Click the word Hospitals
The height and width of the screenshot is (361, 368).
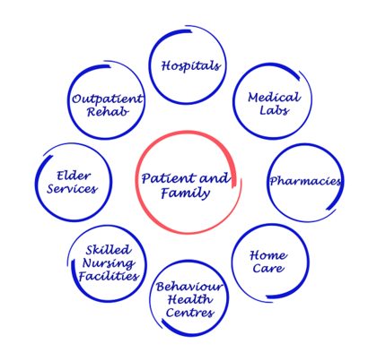[x=191, y=66]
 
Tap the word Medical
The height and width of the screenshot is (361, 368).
[x=274, y=98]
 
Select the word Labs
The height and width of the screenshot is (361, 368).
[x=274, y=110]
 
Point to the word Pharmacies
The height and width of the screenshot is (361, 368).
[x=305, y=181]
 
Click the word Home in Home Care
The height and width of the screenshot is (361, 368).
[x=268, y=255]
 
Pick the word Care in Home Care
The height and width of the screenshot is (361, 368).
[x=268, y=268]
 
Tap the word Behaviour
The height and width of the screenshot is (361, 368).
[x=189, y=287]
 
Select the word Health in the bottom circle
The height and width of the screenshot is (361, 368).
[x=190, y=299]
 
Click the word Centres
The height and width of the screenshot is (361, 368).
[x=190, y=313]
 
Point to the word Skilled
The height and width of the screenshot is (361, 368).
[x=109, y=250]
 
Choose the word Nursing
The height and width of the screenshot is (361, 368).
[x=109, y=263]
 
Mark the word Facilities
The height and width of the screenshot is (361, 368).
[x=109, y=276]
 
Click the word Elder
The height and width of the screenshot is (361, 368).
[x=74, y=176]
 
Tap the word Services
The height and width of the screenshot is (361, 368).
[x=72, y=189]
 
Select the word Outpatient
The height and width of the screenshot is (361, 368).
[x=107, y=99]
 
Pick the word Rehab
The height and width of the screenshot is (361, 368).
[x=108, y=112]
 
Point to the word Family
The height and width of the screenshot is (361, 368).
[x=186, y=193]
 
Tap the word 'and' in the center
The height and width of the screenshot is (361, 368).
[x=215, y=178]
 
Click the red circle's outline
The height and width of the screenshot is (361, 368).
[x=136, y=182]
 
